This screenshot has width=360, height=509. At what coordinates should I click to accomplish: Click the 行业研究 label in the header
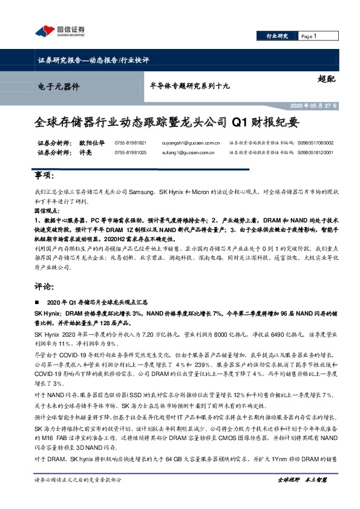click(x=278, y=37)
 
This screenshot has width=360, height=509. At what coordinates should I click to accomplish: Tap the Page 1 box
click(x=310, y=37)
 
